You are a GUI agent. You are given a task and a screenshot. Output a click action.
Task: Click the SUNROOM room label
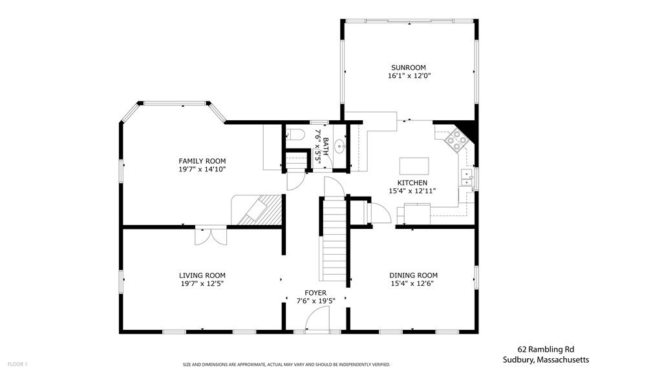point(409,68)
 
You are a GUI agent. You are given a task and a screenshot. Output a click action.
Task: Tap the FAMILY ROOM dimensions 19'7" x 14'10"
point(202,169)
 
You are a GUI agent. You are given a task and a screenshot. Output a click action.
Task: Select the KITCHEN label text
point(412,183)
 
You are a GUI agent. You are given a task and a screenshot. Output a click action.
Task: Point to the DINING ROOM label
point(413,275)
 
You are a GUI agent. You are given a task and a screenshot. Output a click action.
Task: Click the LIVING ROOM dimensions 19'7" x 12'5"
point(202,284)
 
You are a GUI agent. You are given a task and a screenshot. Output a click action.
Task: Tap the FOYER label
point(315,293)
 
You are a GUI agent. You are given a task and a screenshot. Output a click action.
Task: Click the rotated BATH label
point(326,147)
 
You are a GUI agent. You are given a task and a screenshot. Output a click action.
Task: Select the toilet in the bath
point(296,134)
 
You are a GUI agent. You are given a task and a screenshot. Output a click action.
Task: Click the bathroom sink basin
point(340,147)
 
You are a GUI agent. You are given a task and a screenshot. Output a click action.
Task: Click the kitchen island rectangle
point(414,166)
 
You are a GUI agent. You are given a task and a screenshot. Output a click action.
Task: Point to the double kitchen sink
point(467,178)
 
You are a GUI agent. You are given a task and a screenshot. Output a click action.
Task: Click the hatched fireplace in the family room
point(259,210)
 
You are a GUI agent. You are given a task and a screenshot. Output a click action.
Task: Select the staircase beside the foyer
point(334,239)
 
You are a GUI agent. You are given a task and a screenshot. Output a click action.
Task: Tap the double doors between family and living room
point(211,235)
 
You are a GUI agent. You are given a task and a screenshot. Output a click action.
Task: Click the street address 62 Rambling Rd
point(546,349)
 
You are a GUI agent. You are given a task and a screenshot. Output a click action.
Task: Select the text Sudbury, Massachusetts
point(546,360)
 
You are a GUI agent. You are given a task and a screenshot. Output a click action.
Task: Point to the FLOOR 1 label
point(17,364)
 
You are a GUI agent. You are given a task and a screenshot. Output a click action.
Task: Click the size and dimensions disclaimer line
point(286,365)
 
